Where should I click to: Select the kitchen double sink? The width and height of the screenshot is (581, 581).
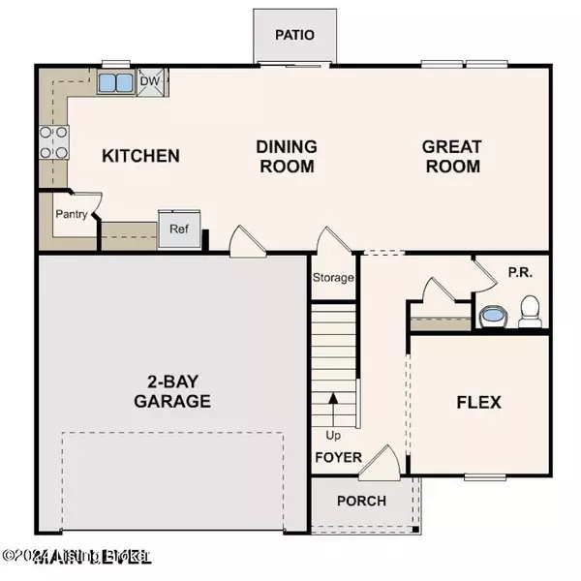tap(116, 81)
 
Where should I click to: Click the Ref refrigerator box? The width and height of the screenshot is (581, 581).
tap(179, 230)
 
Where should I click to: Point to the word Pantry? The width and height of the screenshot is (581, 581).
tap(71, 214)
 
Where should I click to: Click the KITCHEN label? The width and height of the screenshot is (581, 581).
tap(141, 155)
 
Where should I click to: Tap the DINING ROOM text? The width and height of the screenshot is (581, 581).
tap(287, 156)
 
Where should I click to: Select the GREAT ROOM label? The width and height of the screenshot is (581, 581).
tap(451, 156)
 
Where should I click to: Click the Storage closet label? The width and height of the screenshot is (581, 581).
tap(333, 278)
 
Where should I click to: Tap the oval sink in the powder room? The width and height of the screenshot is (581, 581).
tap(494, 316)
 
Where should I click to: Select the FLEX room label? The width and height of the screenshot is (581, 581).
tap(478, 402)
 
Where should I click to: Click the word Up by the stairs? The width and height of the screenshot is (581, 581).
tap(333, 435)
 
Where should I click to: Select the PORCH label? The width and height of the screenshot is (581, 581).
tap(360, 501)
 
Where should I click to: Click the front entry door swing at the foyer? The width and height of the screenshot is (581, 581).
tap(380, 463)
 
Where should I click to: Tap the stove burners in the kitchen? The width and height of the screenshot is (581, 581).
tap(53, 141)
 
